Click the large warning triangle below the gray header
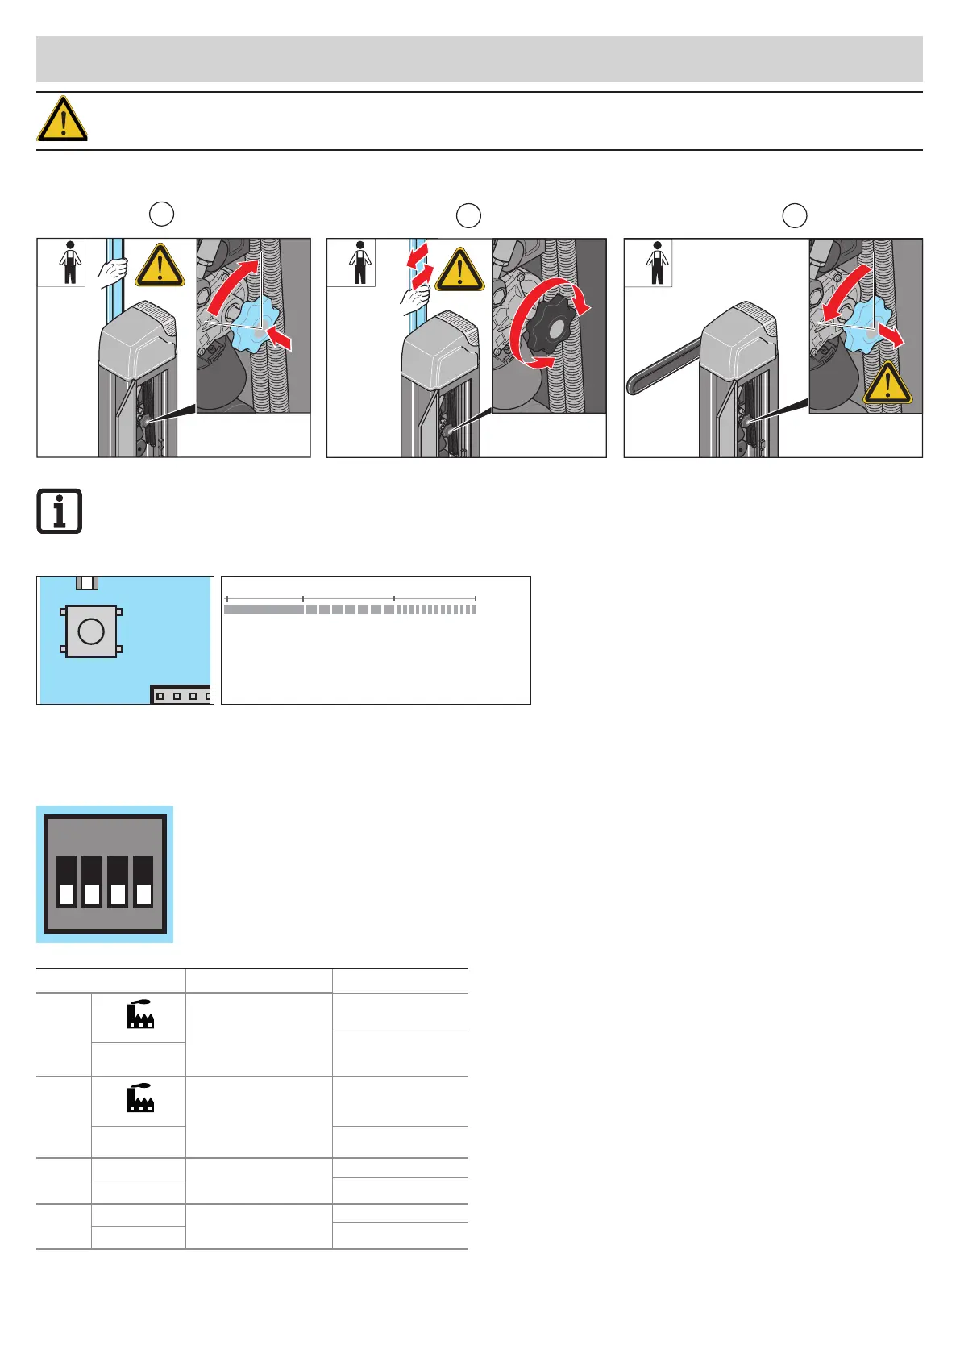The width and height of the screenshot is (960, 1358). [x=62, y=119]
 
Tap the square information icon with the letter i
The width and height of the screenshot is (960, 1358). [x=60, y=511]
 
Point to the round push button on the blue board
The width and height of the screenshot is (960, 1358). [x=91, y=631]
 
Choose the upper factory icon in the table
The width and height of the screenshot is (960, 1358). [x=140, y=1014]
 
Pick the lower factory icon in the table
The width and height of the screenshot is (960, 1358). [x=140, y=1098]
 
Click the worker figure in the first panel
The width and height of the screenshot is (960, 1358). [x=70, y=262]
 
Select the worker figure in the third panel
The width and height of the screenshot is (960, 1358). [x=657, y=262]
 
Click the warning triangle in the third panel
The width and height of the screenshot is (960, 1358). [x=887, y=383]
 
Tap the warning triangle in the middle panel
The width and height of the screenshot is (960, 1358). [x=459, y=269]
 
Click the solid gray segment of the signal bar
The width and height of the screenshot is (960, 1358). [x=264, y=610]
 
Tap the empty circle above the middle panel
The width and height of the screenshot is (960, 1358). [x=468, y=215]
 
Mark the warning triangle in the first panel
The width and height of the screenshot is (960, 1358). [x=160, y=266]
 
